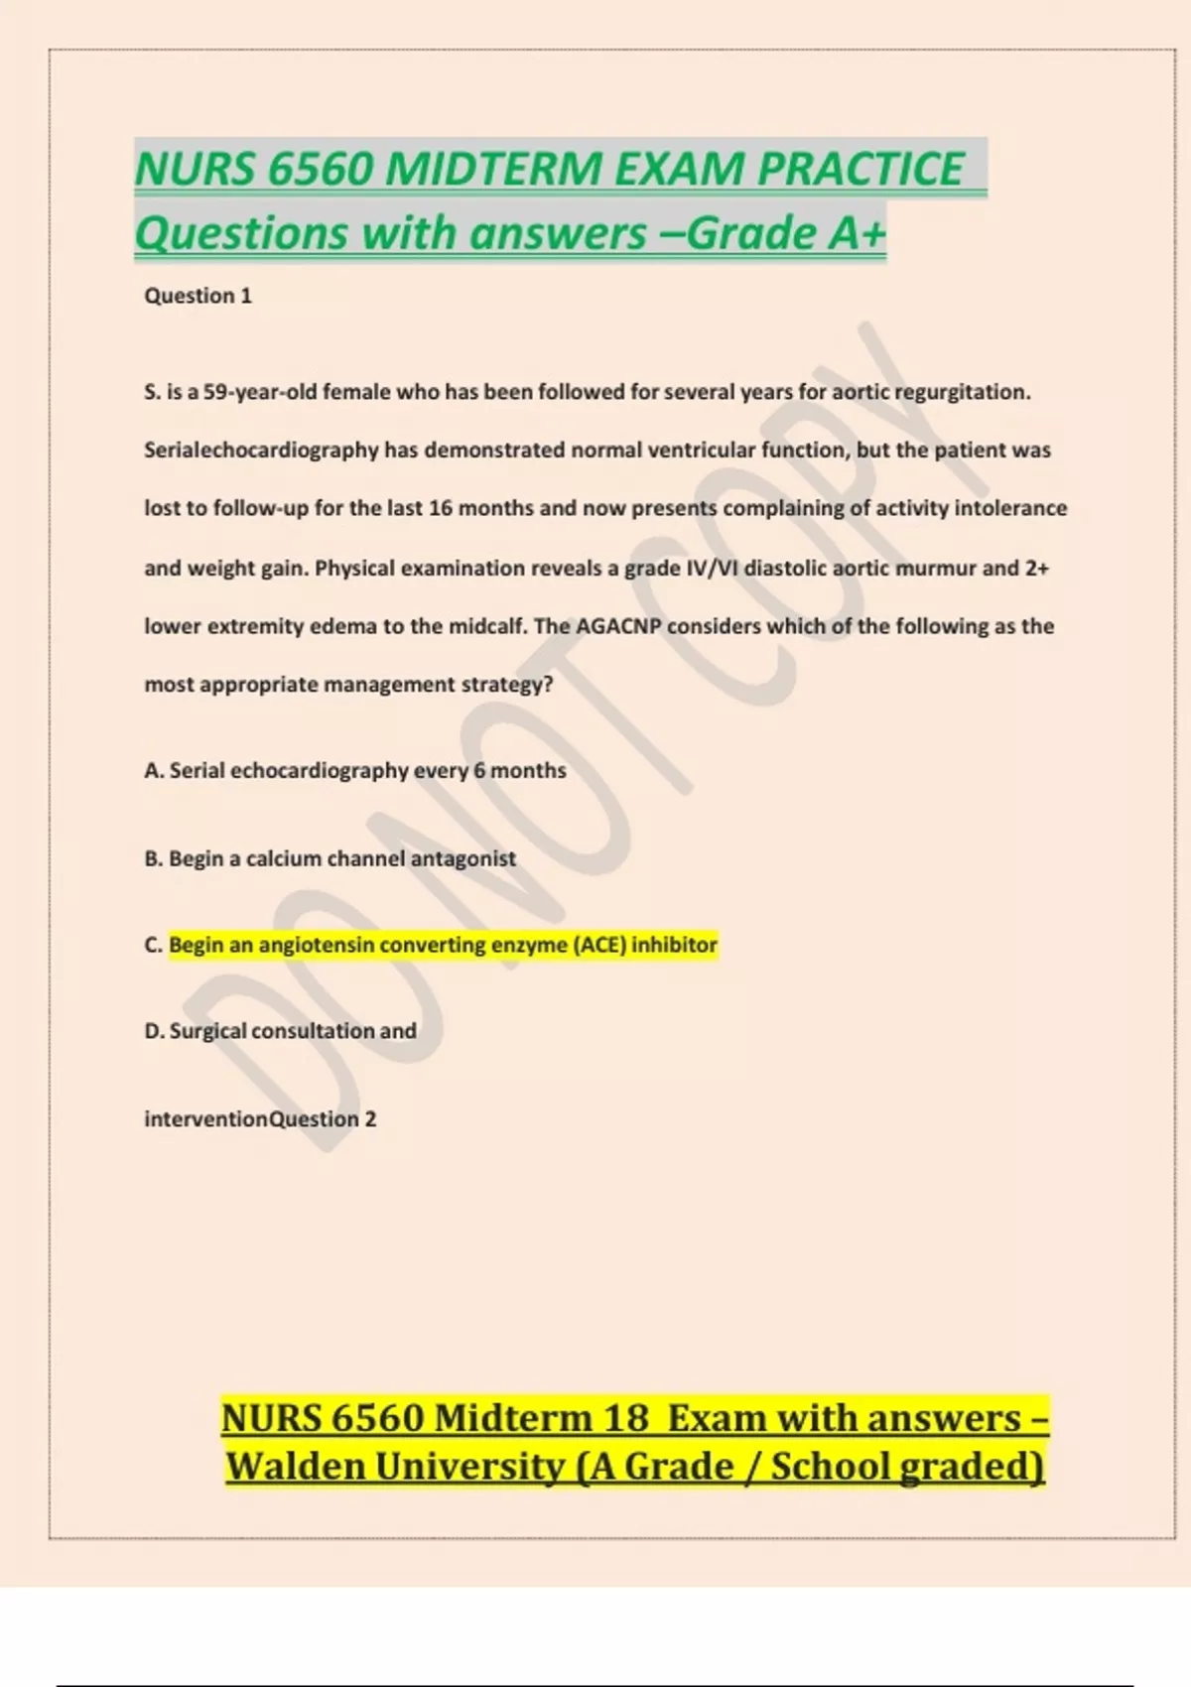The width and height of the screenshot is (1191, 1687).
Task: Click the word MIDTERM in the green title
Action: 493,169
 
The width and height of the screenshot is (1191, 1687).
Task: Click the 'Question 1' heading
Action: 198,296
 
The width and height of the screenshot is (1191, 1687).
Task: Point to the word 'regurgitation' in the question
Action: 962,392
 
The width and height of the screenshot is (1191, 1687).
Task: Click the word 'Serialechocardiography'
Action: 261,451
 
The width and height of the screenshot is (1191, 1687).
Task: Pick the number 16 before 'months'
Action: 441,508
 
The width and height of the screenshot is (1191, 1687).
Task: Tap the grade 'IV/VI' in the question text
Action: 712,569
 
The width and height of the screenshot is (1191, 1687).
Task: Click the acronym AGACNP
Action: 618,626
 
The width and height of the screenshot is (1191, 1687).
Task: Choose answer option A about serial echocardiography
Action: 355,771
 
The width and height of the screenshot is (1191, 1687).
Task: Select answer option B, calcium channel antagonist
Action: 331,858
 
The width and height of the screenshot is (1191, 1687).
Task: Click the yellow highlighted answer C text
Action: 443,945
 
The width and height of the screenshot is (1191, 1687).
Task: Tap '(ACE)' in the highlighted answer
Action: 599,945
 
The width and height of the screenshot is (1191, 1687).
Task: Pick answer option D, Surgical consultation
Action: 281,1031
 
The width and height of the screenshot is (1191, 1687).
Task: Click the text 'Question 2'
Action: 324,1119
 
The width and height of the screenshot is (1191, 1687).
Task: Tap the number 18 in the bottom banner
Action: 625,1418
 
